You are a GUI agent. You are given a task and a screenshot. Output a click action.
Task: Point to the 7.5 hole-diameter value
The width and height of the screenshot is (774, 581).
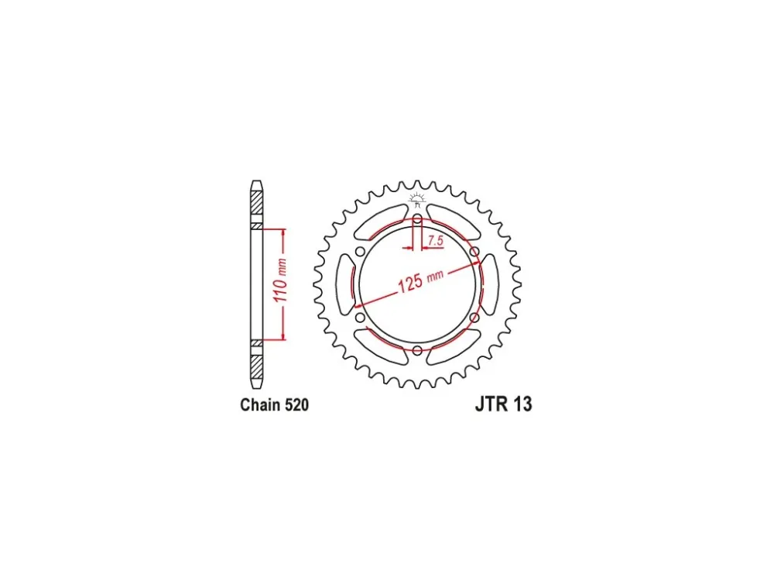coord(435,241)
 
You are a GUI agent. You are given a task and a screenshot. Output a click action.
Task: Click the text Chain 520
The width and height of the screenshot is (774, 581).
coord(275,404)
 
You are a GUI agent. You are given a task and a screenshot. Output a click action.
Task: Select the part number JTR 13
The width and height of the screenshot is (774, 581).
coord(504,404)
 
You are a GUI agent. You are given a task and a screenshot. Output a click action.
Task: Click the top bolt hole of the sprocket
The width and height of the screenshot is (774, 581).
coord(418,219)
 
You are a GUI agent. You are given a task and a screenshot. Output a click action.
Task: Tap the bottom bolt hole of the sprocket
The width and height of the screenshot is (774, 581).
coord(418,350)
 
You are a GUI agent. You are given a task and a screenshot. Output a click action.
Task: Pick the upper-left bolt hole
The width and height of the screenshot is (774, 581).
coord(361,252)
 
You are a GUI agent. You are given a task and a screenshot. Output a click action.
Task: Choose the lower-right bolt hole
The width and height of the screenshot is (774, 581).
coord(474,317)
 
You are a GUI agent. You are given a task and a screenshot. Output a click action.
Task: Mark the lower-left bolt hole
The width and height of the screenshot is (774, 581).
coord(360,317)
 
